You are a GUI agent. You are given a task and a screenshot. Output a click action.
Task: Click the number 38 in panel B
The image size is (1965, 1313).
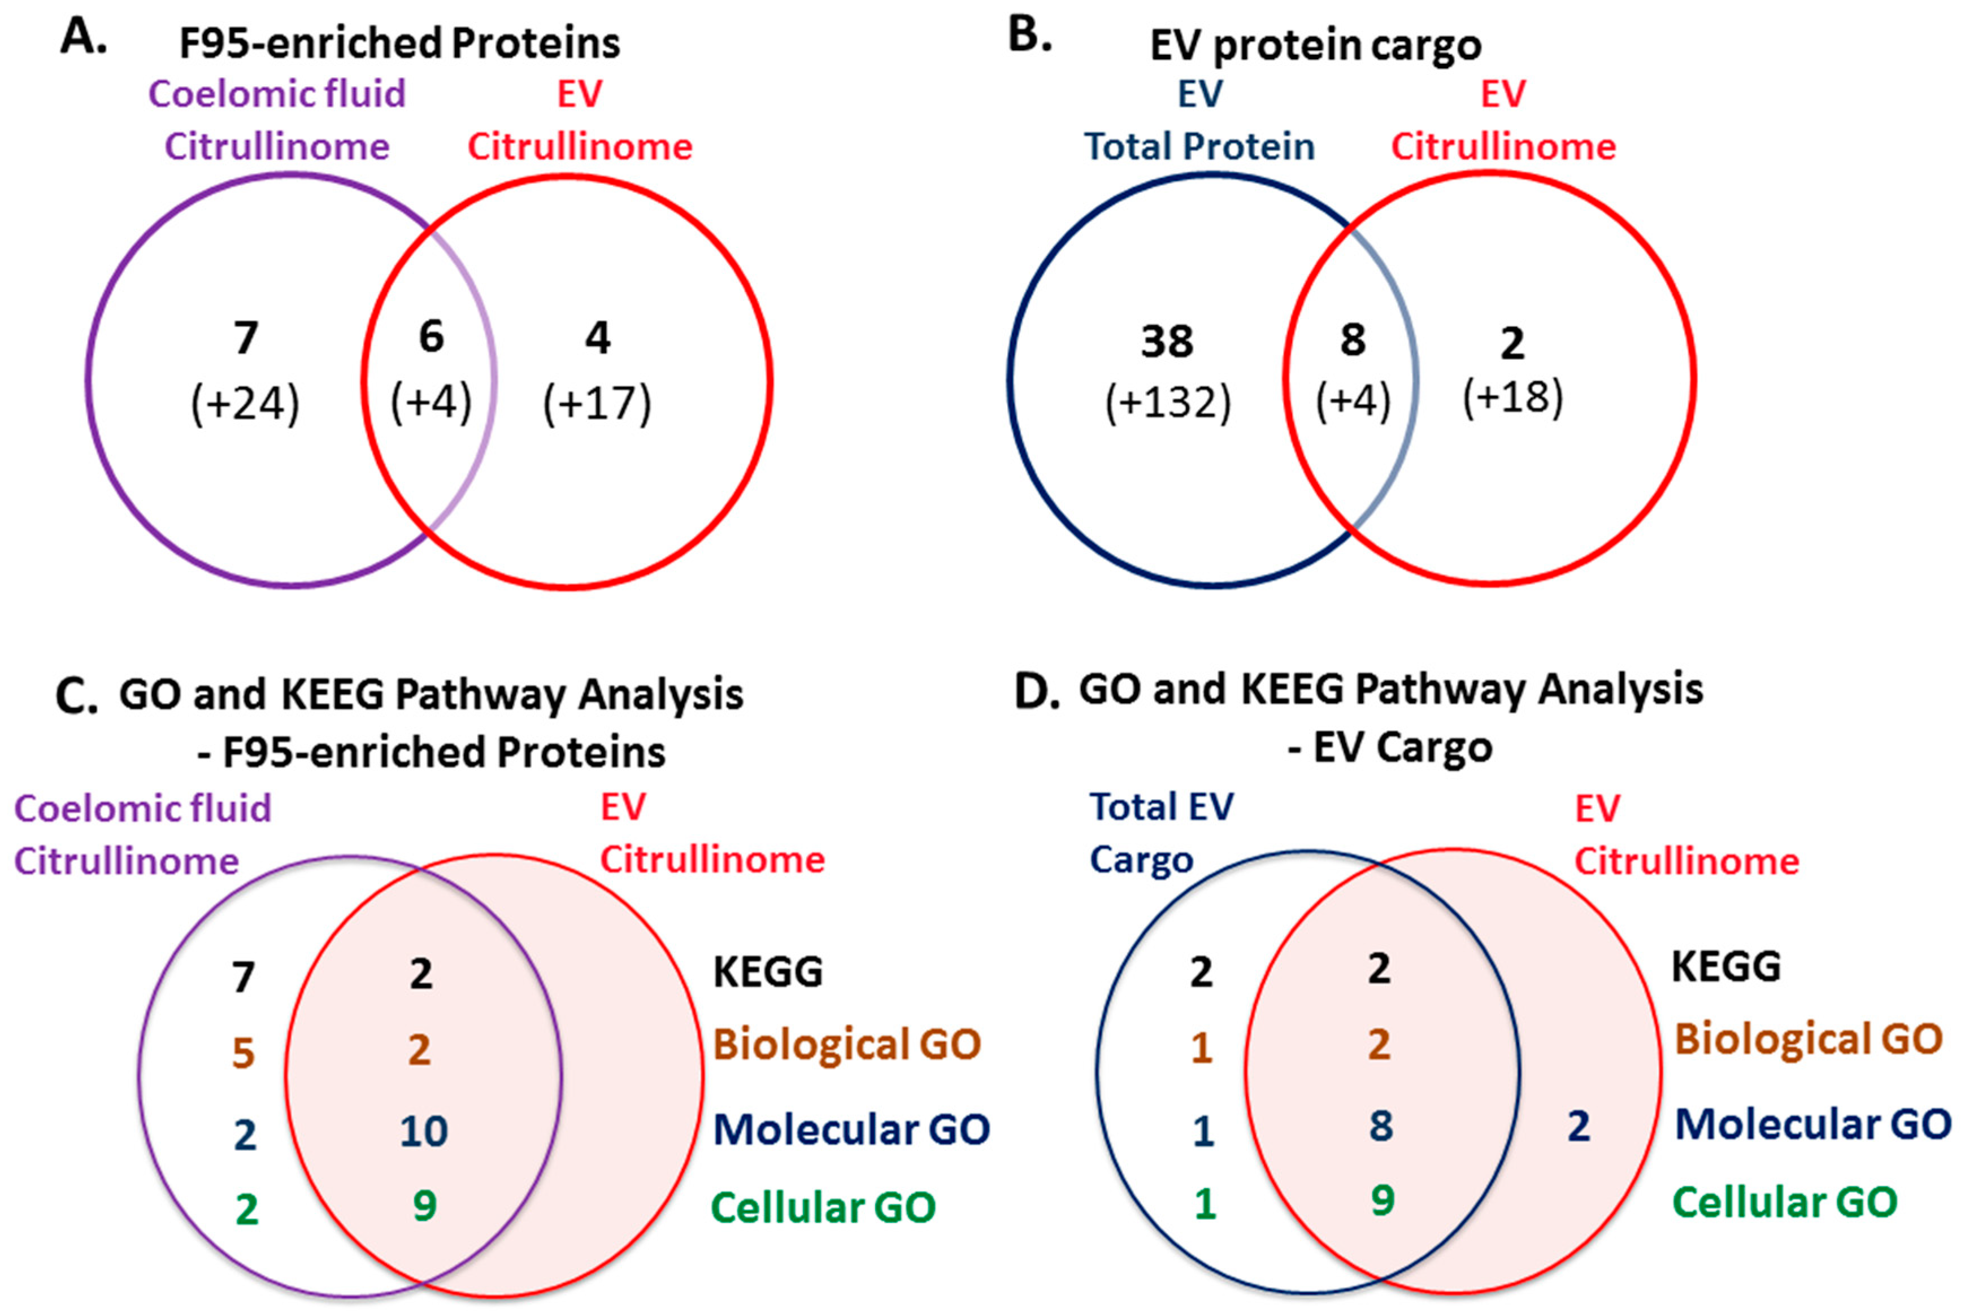click(x=1167, y=342)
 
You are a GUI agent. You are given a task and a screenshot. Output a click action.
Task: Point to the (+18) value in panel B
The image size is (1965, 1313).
click(x=1512, y=397)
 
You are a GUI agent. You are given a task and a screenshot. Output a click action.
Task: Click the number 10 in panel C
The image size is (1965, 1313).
click(x=423, y=1131)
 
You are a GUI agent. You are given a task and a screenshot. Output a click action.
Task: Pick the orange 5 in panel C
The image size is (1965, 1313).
click(x=243, y=1053)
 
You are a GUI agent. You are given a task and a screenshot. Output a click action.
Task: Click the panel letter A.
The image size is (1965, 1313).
click(x=84, y=38)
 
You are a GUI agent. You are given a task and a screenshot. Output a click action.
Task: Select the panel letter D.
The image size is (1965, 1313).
click(x=1037, y=692)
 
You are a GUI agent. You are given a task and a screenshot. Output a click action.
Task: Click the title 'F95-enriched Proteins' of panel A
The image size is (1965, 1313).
click(x=399, y=43)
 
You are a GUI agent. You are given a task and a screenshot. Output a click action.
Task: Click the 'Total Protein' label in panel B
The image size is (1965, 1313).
click(x=1199, y=146)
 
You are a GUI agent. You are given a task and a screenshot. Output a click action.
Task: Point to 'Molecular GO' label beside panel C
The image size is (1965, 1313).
click(x=851, y=1129)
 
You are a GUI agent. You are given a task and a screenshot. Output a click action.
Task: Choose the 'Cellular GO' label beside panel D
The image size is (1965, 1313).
click(x=1784, y=1202)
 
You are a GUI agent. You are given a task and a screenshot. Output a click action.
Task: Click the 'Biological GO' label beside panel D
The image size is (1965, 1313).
click(x=1807, y=1039)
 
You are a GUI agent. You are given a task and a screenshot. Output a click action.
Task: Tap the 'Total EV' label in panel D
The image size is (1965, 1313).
click(x=1161, y=807)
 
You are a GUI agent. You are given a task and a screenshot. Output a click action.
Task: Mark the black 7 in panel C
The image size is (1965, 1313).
click(x=243, y=976)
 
